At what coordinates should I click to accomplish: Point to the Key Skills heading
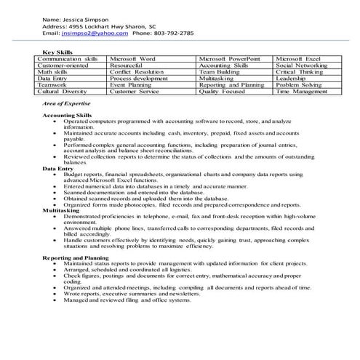pos(59,52)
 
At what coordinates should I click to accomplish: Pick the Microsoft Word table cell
pos(133,58)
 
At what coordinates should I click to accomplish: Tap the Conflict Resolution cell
pos(137,72)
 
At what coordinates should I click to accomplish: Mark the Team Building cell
pos(220,72)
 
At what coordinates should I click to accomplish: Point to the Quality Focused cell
pos(223,92)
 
